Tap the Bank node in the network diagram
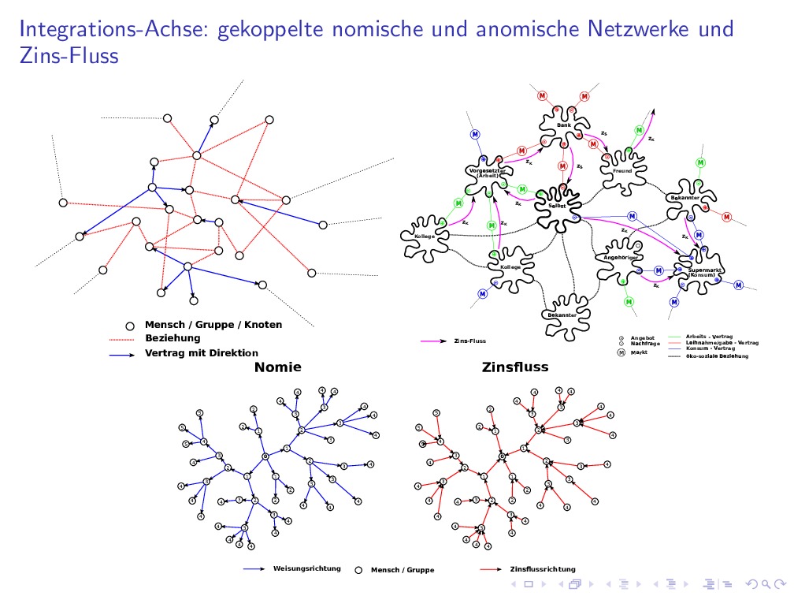tap(563, 125)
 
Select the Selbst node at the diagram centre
tap(556, 207)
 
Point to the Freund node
tap(622, 170)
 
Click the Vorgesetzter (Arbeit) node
tap(487, 173)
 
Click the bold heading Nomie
tap(277, 367)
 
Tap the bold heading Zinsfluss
tap(515, 367)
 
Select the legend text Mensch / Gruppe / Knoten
tap(213, 325)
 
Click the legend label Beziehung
tap(173, 338)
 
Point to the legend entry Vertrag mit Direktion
tap(201, 353)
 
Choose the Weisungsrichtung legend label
tap(306, 568)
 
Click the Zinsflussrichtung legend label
tap(543, 568)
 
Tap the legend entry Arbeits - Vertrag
tap(709, 337)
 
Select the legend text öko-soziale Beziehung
tap(717, 356)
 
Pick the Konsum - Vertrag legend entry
tap(710, 348)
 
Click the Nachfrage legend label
tap(645, 344)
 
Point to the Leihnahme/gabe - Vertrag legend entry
tap(722, 342)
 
